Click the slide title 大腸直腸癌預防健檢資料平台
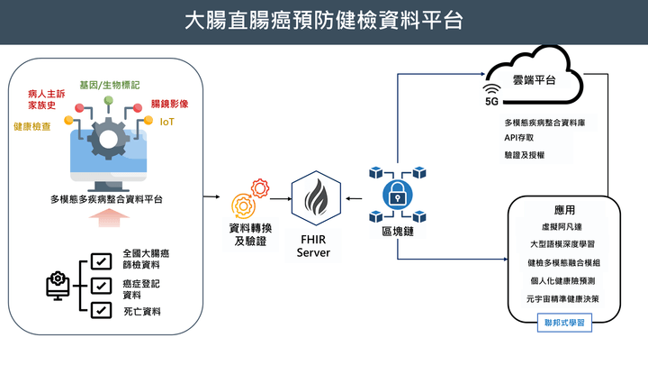coord(323,20)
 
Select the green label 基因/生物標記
coord(110,84)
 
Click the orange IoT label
coord(166,121)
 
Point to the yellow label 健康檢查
coord(32,126)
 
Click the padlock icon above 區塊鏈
coord(397,193)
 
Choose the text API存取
coord(519,138)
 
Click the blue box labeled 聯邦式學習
coord(564,322)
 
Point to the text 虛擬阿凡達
coord(563,227)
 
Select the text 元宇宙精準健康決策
coord(563,298)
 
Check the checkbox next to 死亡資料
coord(102,311)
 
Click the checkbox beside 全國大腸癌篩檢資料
coord(102,261)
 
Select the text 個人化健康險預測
coord(563,280)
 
